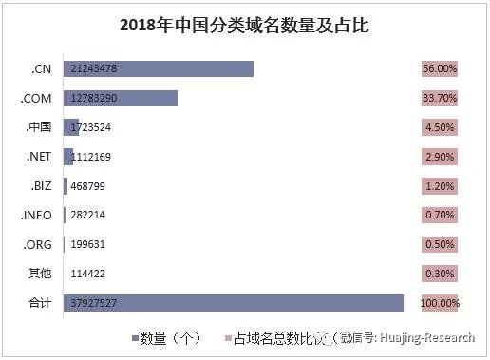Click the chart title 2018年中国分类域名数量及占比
pos(244,27)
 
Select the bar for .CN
pos(159,68)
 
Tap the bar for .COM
pos(121,98)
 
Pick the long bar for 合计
pos(234,303)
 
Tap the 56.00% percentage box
pos(440,69)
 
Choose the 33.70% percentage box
pos(440,99)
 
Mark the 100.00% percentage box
pos(440,304)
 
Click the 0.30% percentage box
pos(440,274)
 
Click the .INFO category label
pos(37,216)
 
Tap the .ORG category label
pos(39,244)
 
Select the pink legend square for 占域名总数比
pos(226,337)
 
